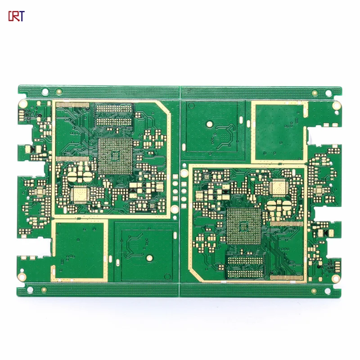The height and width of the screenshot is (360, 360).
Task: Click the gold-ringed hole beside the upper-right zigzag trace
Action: point(210,123)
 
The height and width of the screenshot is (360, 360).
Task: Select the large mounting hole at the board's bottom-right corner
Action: point(336,278)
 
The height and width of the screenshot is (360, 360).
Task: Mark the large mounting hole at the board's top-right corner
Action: point(336,106)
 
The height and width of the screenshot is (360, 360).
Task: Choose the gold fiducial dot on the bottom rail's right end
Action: point(315,291)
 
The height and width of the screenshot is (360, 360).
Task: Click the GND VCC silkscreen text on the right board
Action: point(330,267)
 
